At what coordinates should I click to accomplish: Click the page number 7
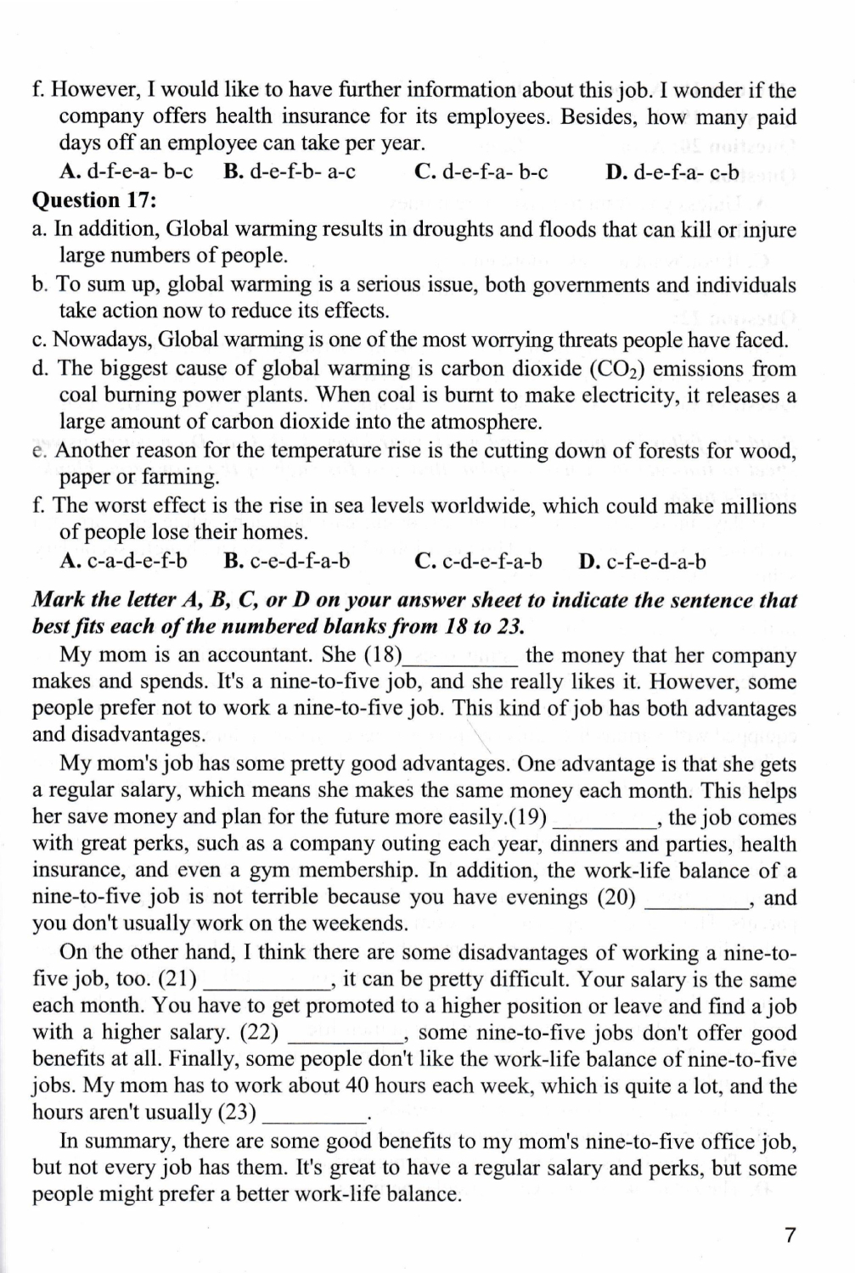pos(790,1235)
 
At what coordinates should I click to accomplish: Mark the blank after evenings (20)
pos(698,899)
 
